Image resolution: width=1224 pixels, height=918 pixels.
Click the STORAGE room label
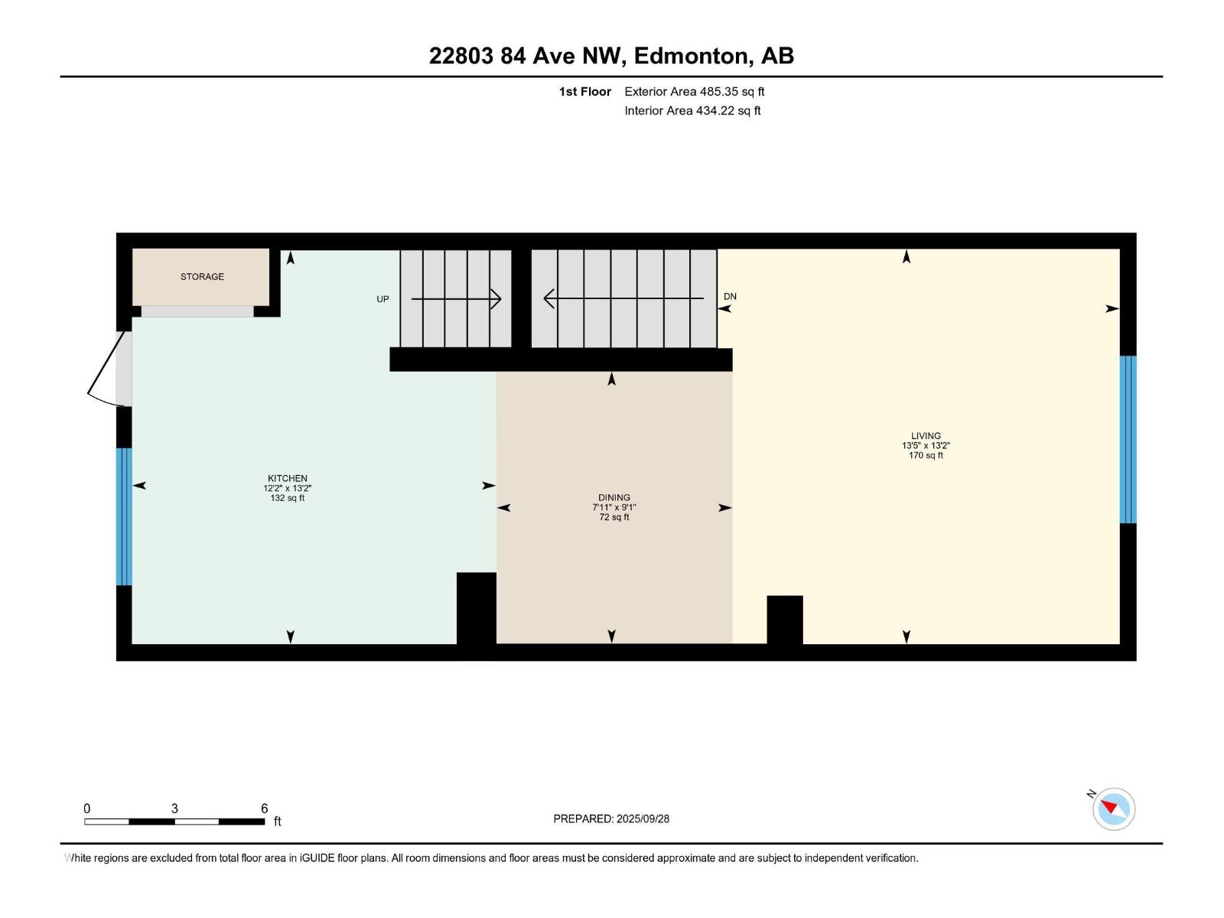point(202,277)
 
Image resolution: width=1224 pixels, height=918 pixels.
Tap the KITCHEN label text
point(288,478)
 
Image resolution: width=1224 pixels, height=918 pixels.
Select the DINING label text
point(614,497)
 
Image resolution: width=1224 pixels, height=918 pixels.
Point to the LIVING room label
point(926,436)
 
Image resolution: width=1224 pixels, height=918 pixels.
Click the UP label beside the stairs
point(382,299)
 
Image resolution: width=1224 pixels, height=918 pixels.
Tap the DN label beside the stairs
point(730,297)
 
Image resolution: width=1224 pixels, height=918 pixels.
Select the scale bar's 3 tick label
point(174,809)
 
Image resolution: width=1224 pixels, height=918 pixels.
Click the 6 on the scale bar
point(265,809)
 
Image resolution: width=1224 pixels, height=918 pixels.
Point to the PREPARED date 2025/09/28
point(643,819)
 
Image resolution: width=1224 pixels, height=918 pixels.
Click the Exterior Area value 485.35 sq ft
point(732,92)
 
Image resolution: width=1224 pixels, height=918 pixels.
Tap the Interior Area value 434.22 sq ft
point(728,111)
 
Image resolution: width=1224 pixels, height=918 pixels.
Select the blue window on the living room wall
point(1128,439)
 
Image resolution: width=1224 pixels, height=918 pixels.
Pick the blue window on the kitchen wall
point(124,516)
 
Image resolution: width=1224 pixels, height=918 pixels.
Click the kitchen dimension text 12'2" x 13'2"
point(288,488)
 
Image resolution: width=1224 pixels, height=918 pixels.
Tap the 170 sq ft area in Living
point(926,456)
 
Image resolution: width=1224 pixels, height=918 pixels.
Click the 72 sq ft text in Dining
point(614,517)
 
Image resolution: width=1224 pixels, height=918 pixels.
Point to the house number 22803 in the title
point(461,56)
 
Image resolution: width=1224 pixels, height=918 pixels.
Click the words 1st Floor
point(585,92)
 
